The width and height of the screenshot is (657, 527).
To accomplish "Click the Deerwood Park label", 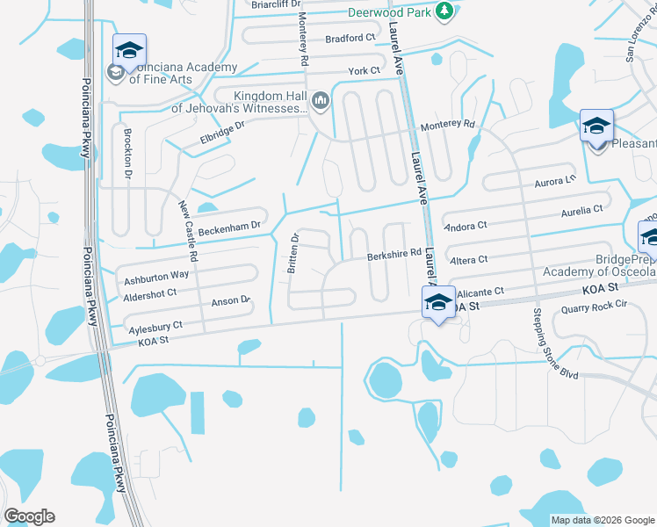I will click(389, 12).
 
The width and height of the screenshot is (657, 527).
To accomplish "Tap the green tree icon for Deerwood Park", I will click(445, 10).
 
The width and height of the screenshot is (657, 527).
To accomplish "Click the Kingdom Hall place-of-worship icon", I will click(320, 102).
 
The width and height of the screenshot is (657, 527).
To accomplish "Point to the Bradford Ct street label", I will click(350, 39).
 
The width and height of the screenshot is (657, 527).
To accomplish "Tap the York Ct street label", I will click(364, 70).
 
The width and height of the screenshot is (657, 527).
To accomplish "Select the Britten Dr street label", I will click(295, 253).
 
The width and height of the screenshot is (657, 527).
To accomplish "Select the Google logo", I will click(29, 516).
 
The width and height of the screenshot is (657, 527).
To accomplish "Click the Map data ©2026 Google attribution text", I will click(602, 520).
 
